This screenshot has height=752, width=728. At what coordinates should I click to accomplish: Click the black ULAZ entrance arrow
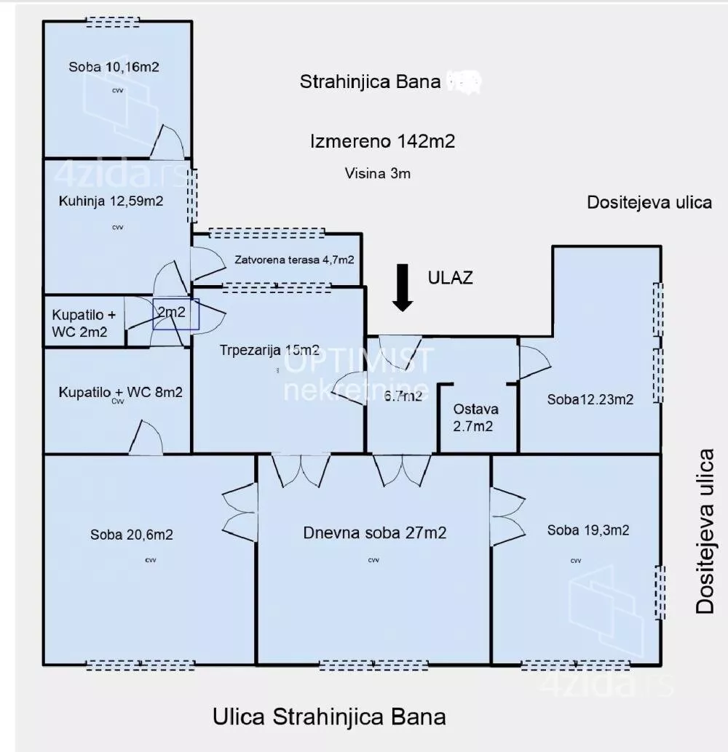(x=402, y=288)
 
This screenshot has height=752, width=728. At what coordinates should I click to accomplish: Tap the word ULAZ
(x=451, y=277)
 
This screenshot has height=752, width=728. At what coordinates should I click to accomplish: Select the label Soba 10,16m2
(x=114, y=67)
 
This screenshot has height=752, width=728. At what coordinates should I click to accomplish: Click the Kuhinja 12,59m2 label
(x=111, y=201)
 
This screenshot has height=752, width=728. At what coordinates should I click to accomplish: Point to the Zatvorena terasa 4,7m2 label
(x=294, y=260)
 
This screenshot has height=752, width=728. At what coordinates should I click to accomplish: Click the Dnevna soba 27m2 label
(x=375, y=532)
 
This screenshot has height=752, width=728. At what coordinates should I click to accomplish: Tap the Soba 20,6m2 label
(x=132, y=535)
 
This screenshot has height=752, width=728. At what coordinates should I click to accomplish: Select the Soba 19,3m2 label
(x=588, y=530)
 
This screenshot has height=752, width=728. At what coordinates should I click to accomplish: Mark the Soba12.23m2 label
(x=590, y=399)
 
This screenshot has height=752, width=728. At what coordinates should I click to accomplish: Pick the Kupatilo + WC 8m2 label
(x=120, y=392)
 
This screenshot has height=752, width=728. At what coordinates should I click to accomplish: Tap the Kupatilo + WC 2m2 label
(x=80, y=324)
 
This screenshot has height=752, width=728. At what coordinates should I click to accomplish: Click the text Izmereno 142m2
(x=382, y=141)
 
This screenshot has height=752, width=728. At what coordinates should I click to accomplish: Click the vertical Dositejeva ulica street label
(x=705, y=531)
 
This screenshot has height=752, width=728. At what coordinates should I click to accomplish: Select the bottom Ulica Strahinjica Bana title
(x=329, y=717)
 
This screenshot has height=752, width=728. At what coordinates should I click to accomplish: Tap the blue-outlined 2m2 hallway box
(x=175, y=314)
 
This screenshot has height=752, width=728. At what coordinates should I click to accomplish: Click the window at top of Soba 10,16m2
(x=113, y=22)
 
